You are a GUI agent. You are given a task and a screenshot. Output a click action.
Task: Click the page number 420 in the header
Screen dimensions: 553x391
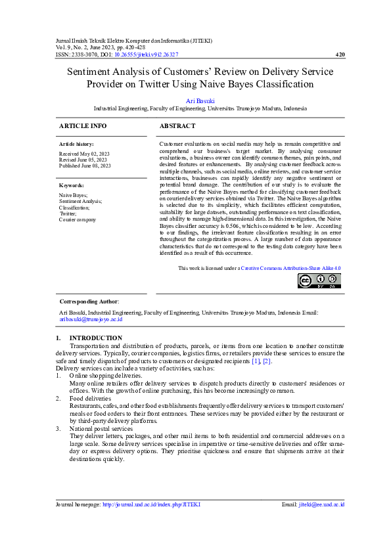coord(340,55)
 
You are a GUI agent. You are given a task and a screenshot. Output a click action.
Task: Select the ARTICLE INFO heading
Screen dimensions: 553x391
coord(83,125)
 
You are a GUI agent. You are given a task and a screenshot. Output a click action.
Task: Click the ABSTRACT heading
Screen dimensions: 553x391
coord(177,125)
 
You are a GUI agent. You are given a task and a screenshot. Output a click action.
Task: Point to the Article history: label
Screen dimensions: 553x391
coord(76,143)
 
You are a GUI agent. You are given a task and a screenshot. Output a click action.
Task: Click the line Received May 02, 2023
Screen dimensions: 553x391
coord(83,152)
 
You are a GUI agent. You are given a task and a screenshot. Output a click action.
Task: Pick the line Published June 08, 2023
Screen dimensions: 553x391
coord(85,166)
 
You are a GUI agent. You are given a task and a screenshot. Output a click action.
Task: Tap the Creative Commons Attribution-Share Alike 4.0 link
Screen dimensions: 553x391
coord(290,268)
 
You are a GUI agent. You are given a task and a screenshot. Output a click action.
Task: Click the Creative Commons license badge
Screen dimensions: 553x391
coord(319,281)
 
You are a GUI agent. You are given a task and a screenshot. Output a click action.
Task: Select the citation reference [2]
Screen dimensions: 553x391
coord(267,361)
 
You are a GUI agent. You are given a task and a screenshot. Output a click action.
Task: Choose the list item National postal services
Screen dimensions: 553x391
coord(101,428)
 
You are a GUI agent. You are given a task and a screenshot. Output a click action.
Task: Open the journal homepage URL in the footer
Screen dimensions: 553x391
coord(151,504)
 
